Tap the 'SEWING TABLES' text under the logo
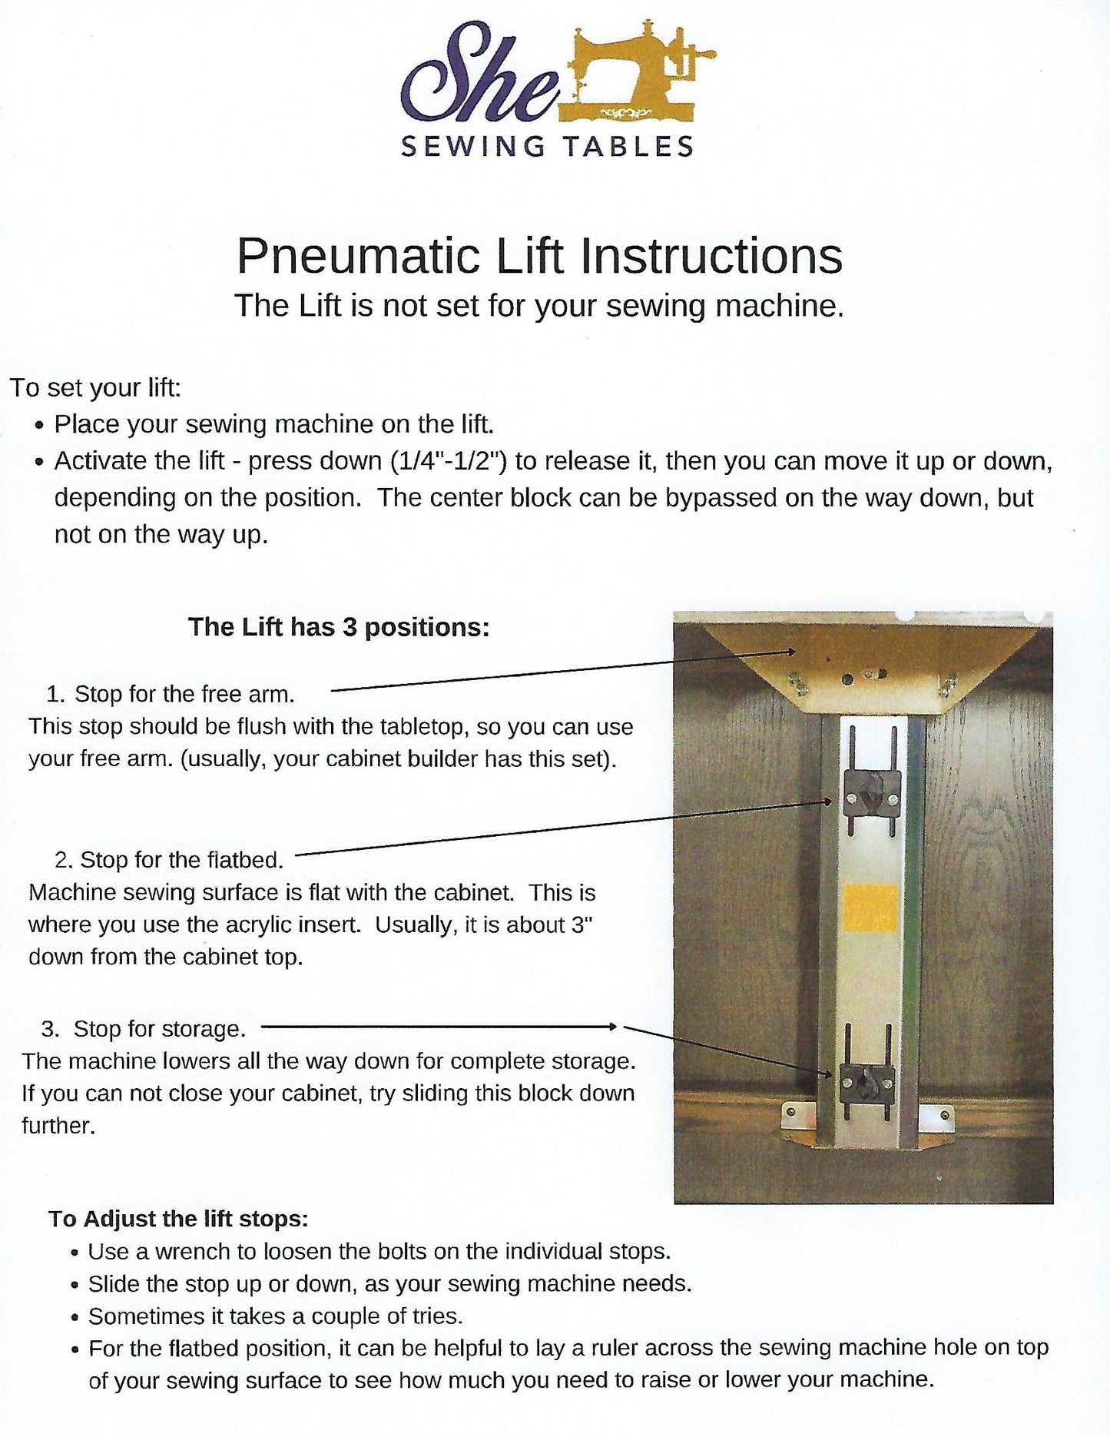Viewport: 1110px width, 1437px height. [547, 146]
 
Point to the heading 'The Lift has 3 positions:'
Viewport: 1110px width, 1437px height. [339, 627]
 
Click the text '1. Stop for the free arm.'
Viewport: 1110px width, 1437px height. [170, 694]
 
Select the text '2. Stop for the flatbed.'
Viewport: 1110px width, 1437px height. [169, 859]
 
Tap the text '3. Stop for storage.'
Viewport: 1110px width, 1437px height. [144, 1028]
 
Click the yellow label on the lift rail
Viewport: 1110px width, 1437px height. [870, 908]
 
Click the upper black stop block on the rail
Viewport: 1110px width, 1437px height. [872, 795]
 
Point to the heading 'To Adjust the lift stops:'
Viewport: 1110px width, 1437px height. [178, 1219]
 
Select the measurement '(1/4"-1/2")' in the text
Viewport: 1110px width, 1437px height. [449, 461]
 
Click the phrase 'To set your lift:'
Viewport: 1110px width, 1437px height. [95, 387]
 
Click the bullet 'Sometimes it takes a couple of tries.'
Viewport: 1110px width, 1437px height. [275, 1316]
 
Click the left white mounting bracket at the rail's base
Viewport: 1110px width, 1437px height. [797, 1114]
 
